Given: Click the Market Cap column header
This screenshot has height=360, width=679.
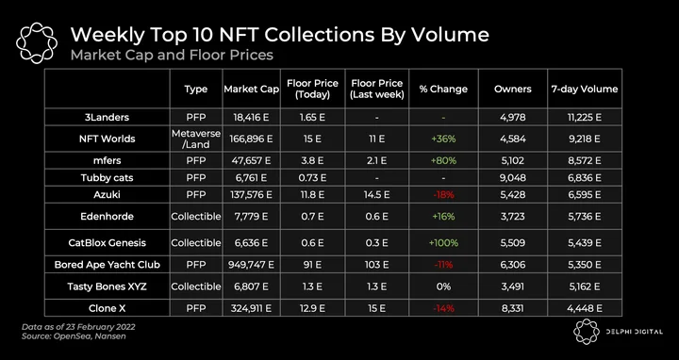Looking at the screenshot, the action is pyautogui.click(x=251, y=90).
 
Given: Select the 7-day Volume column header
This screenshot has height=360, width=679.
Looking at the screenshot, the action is pyautogui.click(x=584, y=90).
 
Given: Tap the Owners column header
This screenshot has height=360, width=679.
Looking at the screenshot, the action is pyautogui.click(x=513, y=90).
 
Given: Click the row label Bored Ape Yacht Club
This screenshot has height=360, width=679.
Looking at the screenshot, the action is pyautogui.click(x=107, y=265).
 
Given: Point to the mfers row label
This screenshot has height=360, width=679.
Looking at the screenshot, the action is pyautogui.click(x=107, y=160).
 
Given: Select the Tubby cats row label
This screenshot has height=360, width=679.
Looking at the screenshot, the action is pyautogui.click(x=107, y=178).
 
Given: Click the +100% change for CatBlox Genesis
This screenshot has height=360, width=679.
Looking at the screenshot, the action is pyautogui.click(x=443, y=243).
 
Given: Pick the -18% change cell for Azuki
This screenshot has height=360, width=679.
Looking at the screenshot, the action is pyautogui.click(x=443, y=195).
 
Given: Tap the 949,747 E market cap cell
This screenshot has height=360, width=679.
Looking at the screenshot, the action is pyautogui.click(x=251, y=265).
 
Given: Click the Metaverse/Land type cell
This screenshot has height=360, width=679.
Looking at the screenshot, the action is pyautogui.click(x=196, y=139).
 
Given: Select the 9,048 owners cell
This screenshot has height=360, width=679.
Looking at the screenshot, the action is pyautogui.click(x=513, y=178).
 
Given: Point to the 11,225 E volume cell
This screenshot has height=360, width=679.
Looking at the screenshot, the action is pyautogui.click(x=584, y=117).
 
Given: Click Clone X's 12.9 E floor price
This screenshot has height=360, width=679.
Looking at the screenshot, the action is pyautogui.click(x=312, y=308).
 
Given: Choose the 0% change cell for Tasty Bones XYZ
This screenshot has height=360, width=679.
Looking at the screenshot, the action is pyautogui.click(x=443, y=286).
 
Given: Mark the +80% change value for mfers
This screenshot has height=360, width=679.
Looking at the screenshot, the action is pyautogui.click(x=443, y=160).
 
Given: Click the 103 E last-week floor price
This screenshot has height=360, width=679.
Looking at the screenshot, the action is pyautogui.click(x=377, y=265).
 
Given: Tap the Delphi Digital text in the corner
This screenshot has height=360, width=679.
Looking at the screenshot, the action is pyautogui.click(x=635, y=332).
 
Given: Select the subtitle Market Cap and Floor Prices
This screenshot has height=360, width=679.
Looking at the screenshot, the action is pyautogui.click(x=172, y=56).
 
